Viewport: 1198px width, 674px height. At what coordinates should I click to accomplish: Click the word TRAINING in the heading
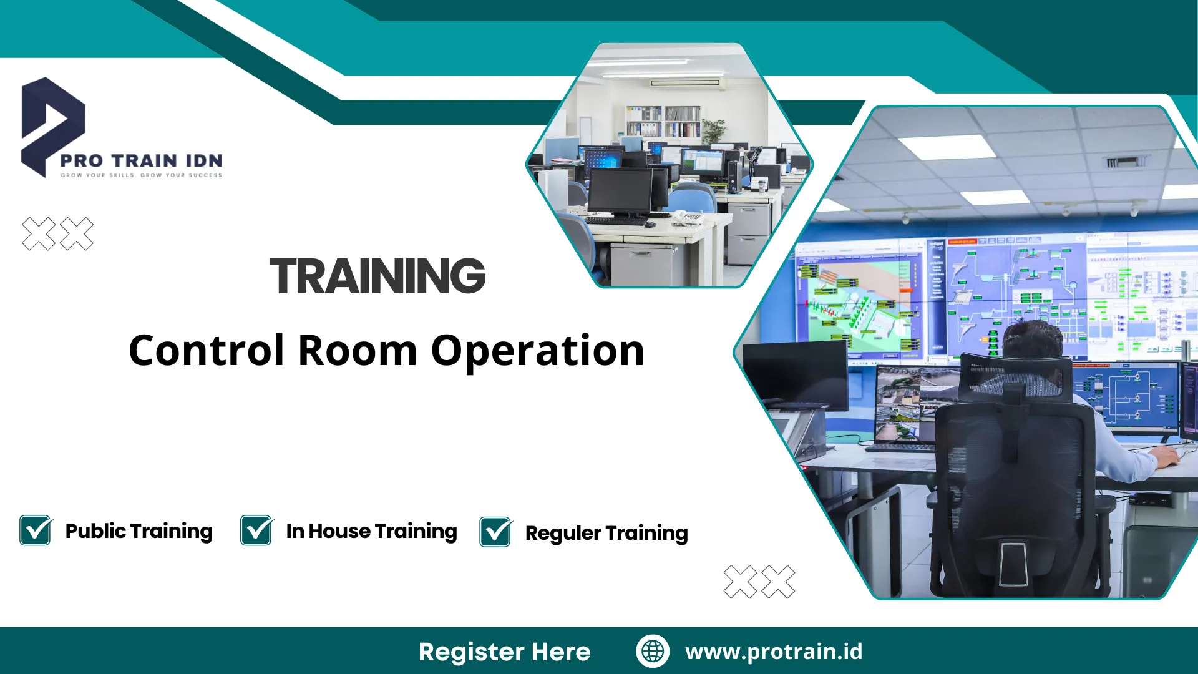(x=377, y=276)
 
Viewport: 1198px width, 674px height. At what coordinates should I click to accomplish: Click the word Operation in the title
(x=537, y=351)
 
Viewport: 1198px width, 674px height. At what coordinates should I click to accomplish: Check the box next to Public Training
(x=36, y=530)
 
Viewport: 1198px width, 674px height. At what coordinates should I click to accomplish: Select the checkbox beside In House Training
(x=256, y=530)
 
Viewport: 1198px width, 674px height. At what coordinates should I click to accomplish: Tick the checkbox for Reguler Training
(x=495, y=532)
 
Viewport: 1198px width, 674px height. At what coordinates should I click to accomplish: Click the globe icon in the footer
(x=653, y=651)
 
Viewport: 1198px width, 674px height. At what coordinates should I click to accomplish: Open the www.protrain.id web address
(x=774, y=651)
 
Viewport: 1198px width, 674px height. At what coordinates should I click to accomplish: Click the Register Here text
(x=504, y=652)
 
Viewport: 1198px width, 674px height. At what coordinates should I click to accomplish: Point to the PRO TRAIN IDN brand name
(x=141, y=160)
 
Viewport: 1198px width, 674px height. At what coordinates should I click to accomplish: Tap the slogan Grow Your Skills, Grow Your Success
(x=141, y=175)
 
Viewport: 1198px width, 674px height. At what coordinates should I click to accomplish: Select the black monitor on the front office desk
(x=621, y=191)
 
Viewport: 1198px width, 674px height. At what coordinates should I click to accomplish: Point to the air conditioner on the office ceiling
(x=684, y=82)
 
